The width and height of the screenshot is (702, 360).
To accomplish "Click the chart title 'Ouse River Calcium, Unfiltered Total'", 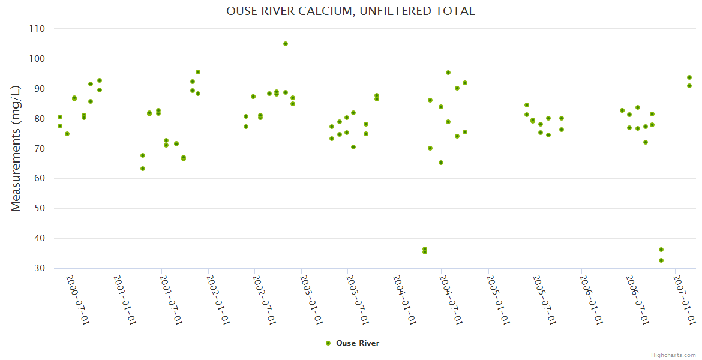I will [350, 11].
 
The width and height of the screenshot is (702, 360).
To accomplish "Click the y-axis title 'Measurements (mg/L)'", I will [16, 148].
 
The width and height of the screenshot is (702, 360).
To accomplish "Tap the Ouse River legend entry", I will [352, 343].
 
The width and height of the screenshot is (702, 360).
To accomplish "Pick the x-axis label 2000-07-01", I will [77, 300].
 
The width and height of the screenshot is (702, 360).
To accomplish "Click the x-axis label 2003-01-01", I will [311, 300].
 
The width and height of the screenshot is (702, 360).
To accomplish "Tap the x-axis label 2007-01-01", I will [684, 300].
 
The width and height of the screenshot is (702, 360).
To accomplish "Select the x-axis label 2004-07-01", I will [451, 300].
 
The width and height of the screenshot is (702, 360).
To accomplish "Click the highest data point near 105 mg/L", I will [286, 44].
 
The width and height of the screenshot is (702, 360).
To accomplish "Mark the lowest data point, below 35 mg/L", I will [661, 260].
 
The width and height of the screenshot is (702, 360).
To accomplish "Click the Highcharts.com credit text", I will [673, 355].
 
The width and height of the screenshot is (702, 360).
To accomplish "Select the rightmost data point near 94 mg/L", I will [689, 77].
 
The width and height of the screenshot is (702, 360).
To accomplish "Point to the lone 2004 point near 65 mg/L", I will [441, 163].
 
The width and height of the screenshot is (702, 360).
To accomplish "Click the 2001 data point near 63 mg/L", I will [143, 169].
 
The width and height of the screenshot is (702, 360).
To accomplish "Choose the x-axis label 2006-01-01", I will [590, 300].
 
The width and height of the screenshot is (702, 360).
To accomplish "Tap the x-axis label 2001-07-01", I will [171, 300].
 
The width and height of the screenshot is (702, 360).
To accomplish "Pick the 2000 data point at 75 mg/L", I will [67, 134].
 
